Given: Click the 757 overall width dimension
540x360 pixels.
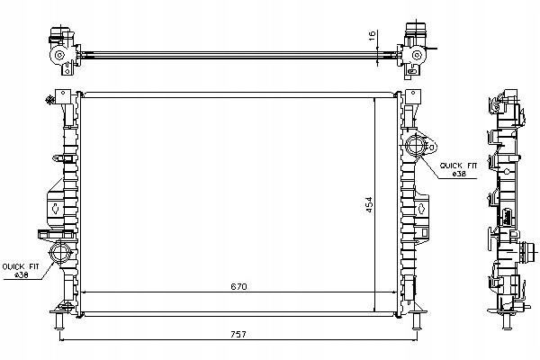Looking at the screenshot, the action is (238, 334).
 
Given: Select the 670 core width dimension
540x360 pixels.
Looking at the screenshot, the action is (238, 286).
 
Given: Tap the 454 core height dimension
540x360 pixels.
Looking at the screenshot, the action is (369, 204).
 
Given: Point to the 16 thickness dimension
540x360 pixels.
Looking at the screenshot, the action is (372, 36).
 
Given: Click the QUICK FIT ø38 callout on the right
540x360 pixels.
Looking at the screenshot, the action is (458, 170).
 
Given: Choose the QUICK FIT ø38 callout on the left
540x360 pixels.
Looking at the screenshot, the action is (21, 271).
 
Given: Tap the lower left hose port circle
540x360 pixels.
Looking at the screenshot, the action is (60, 253).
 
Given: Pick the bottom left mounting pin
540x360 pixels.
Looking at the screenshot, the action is (59, 320).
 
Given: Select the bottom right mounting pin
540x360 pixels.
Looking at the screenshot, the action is (417, 320).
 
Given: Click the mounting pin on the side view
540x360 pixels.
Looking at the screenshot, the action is (506, 322).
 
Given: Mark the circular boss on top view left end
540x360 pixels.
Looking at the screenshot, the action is (59, 55).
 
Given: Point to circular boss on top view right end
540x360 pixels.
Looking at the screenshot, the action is (417, 55).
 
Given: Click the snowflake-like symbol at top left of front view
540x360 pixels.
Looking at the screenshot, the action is (50, 100).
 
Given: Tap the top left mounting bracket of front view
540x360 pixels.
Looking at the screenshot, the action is (63, 97).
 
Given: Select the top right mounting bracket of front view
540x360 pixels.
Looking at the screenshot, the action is (413, 97).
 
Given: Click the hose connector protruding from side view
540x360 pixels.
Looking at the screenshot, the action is (528, 250).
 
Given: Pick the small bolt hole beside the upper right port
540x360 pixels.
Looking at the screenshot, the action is (432, 148).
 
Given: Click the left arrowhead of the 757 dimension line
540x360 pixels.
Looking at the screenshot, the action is (62, 340).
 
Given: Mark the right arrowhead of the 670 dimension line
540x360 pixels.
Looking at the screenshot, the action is (395, 292).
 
